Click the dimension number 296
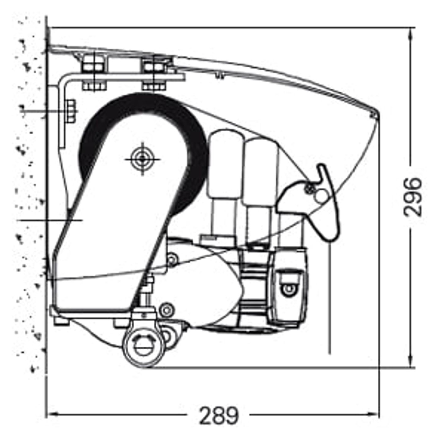412,197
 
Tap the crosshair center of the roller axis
143,159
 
